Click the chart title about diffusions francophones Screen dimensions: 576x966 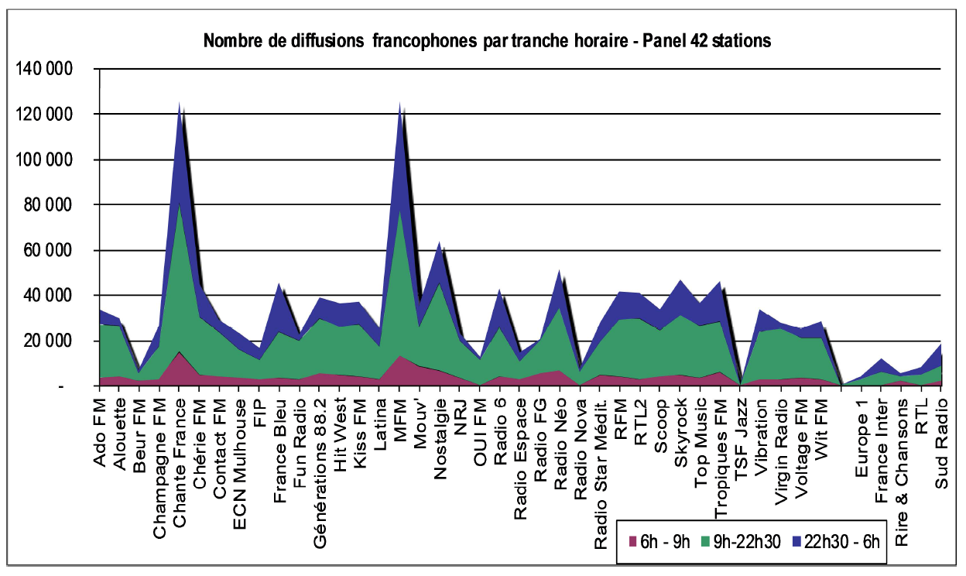click(x=487, y=41)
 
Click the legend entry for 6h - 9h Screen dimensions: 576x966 click(x=659, y=540)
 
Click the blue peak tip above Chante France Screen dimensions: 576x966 click(x=180, y=104)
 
